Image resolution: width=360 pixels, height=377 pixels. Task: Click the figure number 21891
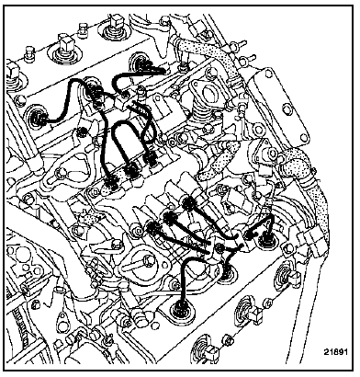click(x=335, y=352)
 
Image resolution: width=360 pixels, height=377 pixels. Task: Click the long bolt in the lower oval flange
click(x=143, y=263)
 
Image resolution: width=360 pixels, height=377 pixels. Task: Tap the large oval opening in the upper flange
click(x=211, y=92)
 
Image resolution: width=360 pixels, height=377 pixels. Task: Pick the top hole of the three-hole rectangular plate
click(x=268, y=73)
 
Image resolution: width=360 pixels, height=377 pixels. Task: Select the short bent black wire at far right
click(x=262, y=223)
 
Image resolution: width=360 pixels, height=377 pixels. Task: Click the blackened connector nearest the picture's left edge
click(x=39, y=118)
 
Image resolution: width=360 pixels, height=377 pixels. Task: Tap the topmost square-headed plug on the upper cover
click(x=115, y=21)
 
